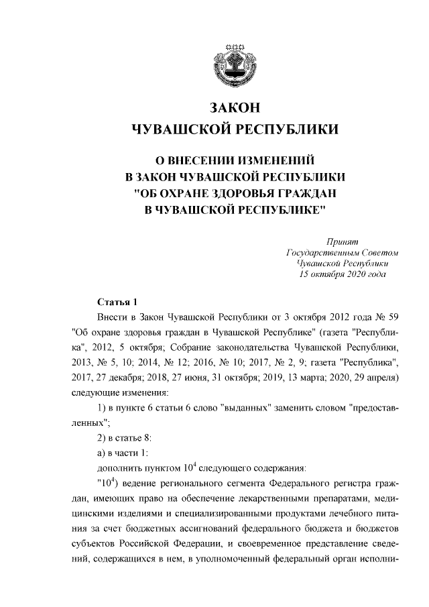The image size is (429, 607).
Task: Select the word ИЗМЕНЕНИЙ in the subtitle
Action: [275, 161]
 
